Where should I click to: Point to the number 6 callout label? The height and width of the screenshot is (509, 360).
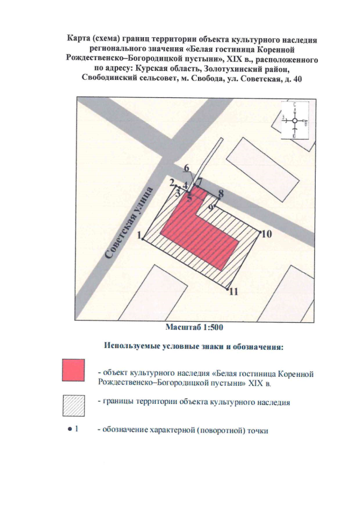click(x=187, y=167)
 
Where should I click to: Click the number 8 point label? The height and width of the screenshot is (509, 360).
click(x=221, y=193)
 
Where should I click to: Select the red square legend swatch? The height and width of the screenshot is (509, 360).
click(x=73, y=371)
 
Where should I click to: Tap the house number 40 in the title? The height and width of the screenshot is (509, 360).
click(x=296, y=79)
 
